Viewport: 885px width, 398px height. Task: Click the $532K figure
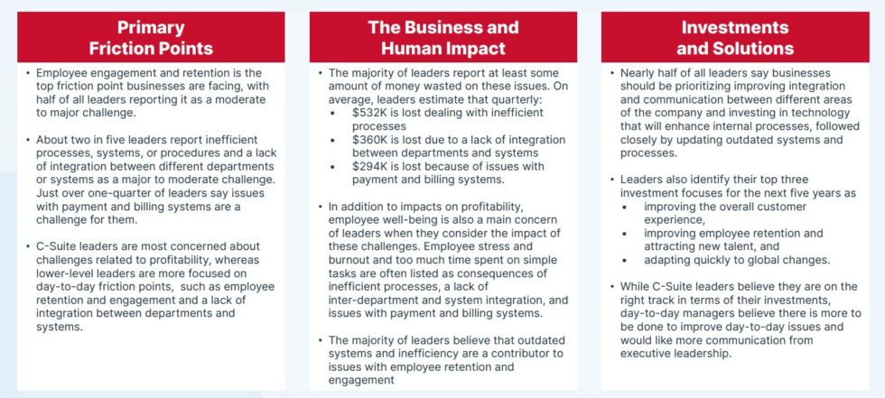click(x=371, y=114)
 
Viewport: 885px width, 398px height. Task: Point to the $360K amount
click(x=371, y=140)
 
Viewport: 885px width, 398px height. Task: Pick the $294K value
click(x=371, y=166)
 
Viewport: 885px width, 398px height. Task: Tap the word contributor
click(x=519, y=353)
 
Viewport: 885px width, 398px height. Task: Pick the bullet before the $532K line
click(x=334, y=114)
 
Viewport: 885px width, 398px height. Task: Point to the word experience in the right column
click(x=676, y=219)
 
